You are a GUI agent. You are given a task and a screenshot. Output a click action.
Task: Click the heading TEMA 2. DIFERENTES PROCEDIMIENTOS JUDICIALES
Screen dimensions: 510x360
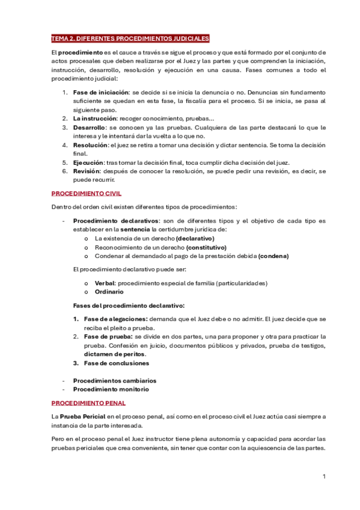130,38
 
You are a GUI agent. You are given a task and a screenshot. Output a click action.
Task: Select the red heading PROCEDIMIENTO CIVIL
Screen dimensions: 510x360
86,194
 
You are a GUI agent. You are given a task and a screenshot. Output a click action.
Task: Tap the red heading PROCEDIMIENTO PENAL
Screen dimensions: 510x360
88,403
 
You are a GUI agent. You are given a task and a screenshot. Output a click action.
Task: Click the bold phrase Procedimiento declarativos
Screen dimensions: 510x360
115,221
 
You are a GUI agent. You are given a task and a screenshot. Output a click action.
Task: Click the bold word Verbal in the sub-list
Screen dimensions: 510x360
105,283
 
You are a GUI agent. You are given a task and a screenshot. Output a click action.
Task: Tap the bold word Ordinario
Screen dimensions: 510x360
109,292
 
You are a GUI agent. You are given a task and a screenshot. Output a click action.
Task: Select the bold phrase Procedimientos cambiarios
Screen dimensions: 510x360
114,380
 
